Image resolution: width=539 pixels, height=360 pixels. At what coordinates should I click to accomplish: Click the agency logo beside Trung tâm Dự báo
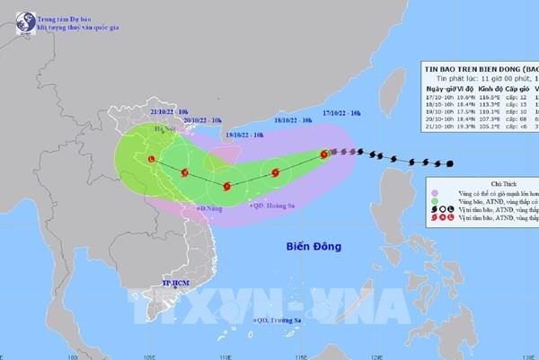point(14,15)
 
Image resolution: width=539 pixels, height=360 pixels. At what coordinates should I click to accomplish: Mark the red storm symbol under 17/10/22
point(324,154)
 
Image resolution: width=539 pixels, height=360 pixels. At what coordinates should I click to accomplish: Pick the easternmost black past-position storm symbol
point(448,163)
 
